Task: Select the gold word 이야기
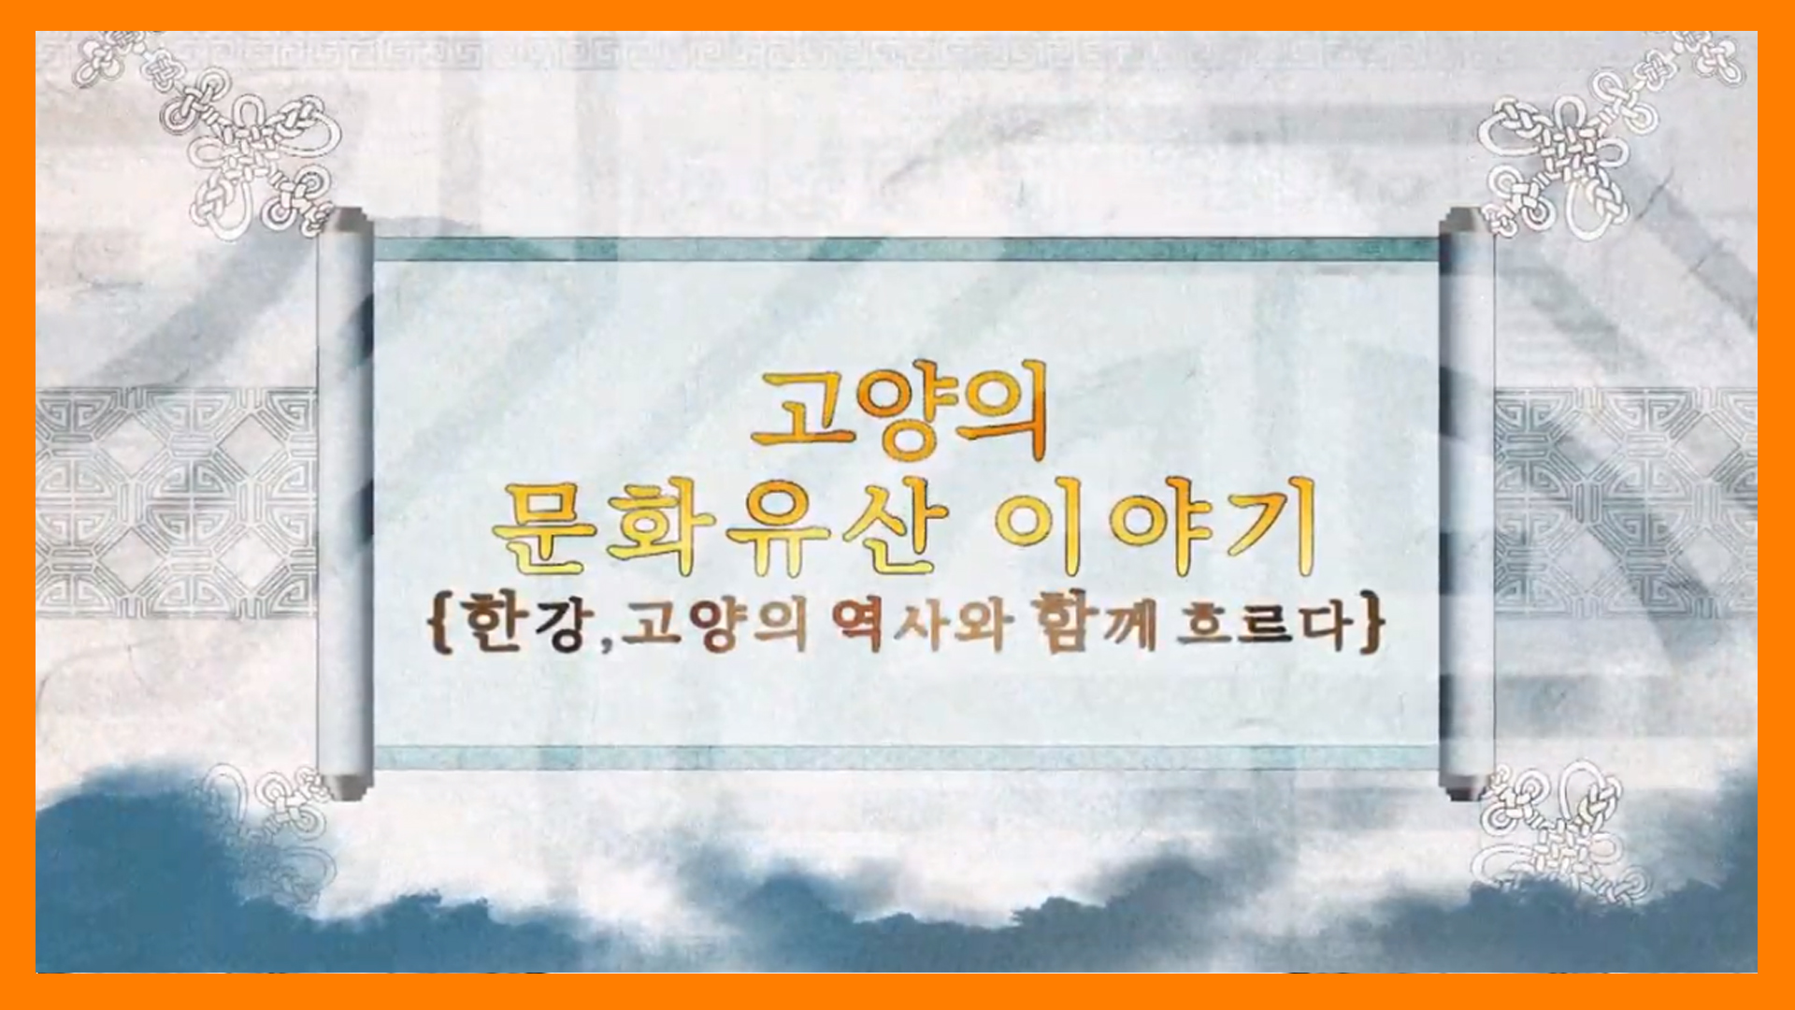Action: (1156, 525)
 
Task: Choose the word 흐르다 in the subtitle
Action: (1264, 624)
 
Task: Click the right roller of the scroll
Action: (1467, 504)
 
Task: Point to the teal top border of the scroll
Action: (906, 250)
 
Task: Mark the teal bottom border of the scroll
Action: (906, 757)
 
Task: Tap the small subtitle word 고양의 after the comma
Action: (715, 624)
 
